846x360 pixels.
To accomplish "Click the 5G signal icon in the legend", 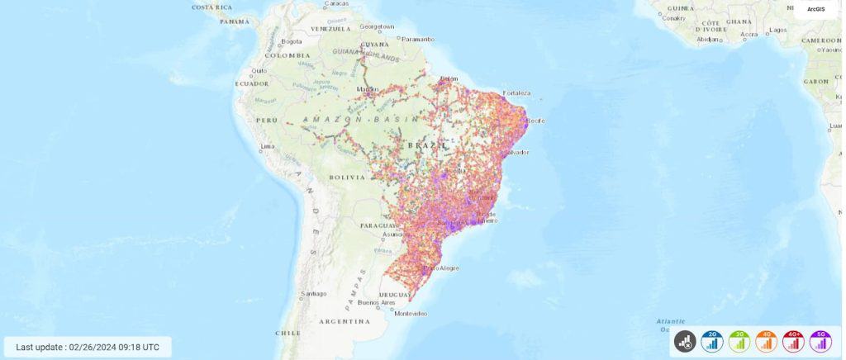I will [x=820, y=339].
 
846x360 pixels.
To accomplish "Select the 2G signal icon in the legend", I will [x=711, y=339].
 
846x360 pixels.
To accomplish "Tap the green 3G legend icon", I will [x=739, y=339].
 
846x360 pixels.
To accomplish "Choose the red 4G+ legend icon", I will [x=793, y=339].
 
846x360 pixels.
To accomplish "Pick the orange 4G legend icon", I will [x=766, y=339].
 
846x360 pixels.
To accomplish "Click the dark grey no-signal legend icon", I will [x=684, y=339].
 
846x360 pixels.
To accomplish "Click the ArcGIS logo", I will [x=815, y=9].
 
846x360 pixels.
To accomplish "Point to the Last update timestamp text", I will [x=88, y=347].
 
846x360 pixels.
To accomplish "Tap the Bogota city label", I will [x=292, y=40].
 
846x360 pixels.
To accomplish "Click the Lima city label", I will [x=267, y=146].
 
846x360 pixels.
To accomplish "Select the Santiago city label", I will [x=314, y=293].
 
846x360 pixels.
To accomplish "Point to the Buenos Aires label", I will [x=374, y=303].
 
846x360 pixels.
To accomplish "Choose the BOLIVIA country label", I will [x=347, y=177].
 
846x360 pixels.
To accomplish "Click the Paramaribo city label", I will [x=418, y=38].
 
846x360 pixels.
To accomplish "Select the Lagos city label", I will [x=777, y=30].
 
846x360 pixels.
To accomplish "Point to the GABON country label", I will [x=815, y=81].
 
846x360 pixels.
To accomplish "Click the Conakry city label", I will [x=674, y=17].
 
